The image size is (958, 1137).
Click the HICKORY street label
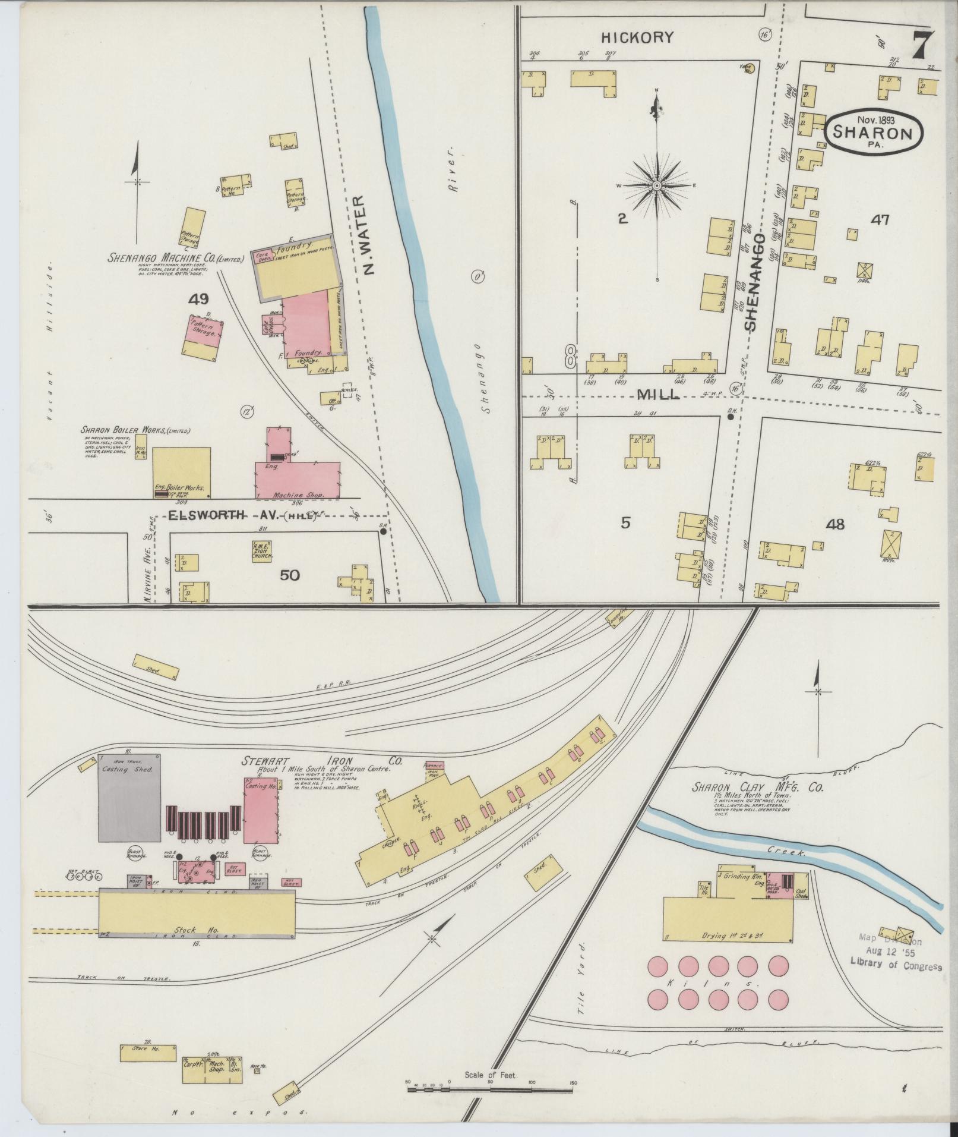pyautogui.click(x=637, y=37)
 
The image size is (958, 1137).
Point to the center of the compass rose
pyautogui.click(x=657, y=186)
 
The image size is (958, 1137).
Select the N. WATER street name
pyautogui.click(x=369, y=237)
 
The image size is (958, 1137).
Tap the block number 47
pyautogui.click(x=879, y=220)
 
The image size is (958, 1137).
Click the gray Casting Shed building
pyautogui.click(x=129, y=797)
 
